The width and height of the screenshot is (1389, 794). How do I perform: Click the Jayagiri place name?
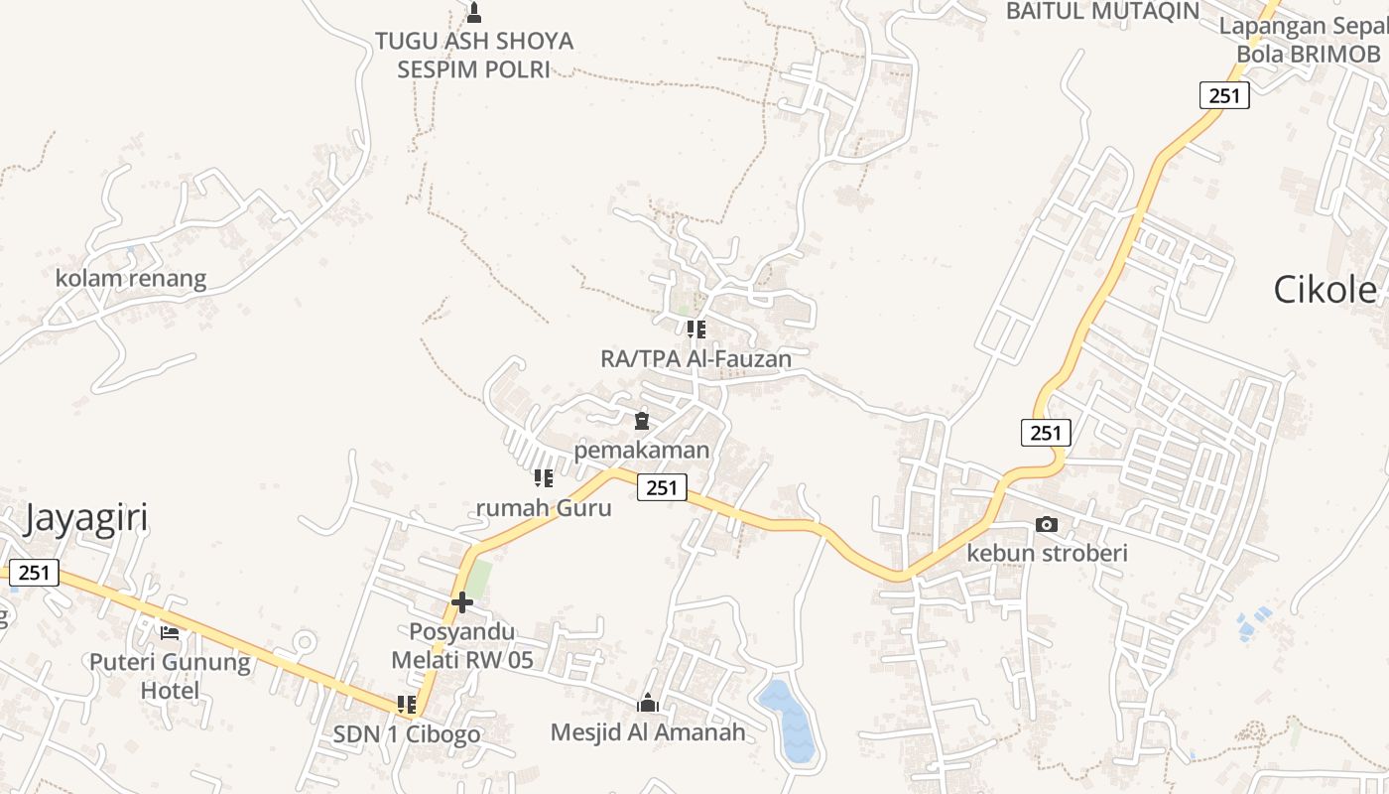(x=85, y=518)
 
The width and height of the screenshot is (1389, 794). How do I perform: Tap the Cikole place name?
(x=1326, y=290)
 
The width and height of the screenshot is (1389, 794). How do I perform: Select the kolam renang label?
(x=131, y=279)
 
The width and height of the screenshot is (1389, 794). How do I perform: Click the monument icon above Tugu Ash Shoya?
(x=473, y=13)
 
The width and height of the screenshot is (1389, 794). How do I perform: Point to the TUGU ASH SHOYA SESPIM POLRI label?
(x=473, y=55)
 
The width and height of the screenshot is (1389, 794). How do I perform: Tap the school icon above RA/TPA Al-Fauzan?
(x=696, y=329)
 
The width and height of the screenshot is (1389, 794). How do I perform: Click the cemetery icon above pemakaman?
(x=642, y=421)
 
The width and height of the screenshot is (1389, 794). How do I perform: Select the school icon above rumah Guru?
(x=544, y=478)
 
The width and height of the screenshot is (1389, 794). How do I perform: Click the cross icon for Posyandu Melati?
(x=461, y=601)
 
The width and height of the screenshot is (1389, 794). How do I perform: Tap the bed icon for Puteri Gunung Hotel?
(x=170, y=632)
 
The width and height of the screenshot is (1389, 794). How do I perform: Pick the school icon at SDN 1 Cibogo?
(x=407, y=705)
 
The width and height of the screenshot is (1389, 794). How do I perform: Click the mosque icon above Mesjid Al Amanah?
(x=648, y=704)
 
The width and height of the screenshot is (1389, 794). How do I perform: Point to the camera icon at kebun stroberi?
(x=1047, y=524)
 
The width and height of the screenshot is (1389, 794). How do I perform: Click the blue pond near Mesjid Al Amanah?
(x=792, y=721)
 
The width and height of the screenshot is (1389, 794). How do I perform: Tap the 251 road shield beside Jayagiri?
(x=34, y=573)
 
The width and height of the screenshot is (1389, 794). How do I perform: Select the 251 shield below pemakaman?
(x=662, y=487)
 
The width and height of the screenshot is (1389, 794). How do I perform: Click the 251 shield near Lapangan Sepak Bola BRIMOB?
(x=1224, y=95)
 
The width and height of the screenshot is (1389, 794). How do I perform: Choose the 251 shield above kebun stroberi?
(x=1046, y=433)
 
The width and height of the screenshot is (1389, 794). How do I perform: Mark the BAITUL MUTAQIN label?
(x=1102, y=11)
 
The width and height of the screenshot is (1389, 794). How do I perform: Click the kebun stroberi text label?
(x=1047, y=553)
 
